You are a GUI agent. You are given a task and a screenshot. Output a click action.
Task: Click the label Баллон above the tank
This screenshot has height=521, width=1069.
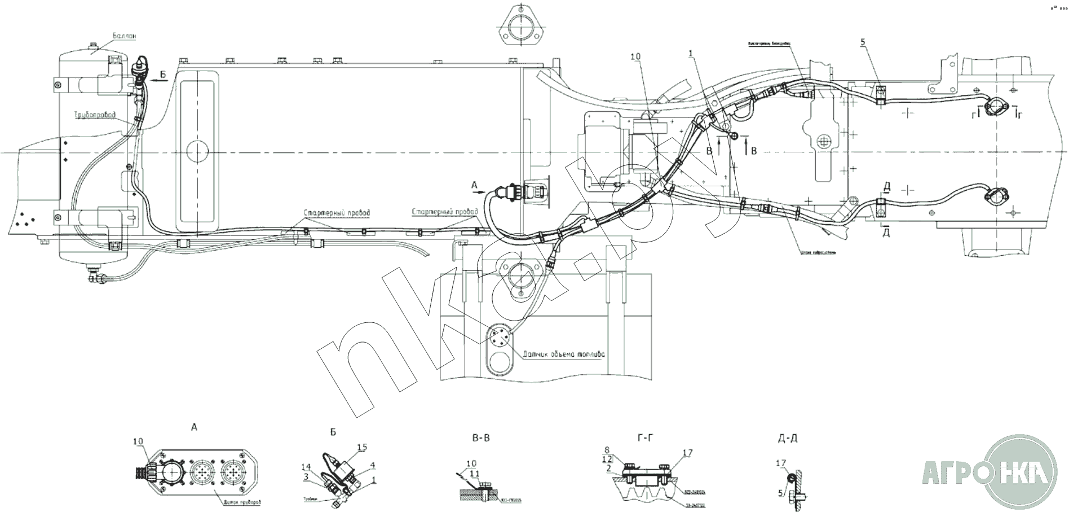124,36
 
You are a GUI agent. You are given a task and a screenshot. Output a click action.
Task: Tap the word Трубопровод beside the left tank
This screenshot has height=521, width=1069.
95,115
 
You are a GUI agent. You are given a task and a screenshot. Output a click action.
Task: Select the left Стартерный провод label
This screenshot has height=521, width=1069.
337,213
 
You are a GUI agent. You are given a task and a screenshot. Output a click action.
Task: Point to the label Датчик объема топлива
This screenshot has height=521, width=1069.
563,354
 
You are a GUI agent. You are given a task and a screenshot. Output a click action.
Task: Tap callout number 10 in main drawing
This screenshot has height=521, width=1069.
636,58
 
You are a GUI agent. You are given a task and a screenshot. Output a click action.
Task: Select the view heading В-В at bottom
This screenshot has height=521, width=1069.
483,437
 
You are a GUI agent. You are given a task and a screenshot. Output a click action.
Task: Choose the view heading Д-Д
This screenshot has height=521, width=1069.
788,437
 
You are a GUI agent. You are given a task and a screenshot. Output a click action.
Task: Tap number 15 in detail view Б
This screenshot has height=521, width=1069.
361,447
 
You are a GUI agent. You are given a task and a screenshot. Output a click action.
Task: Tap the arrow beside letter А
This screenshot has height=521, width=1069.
480,192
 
